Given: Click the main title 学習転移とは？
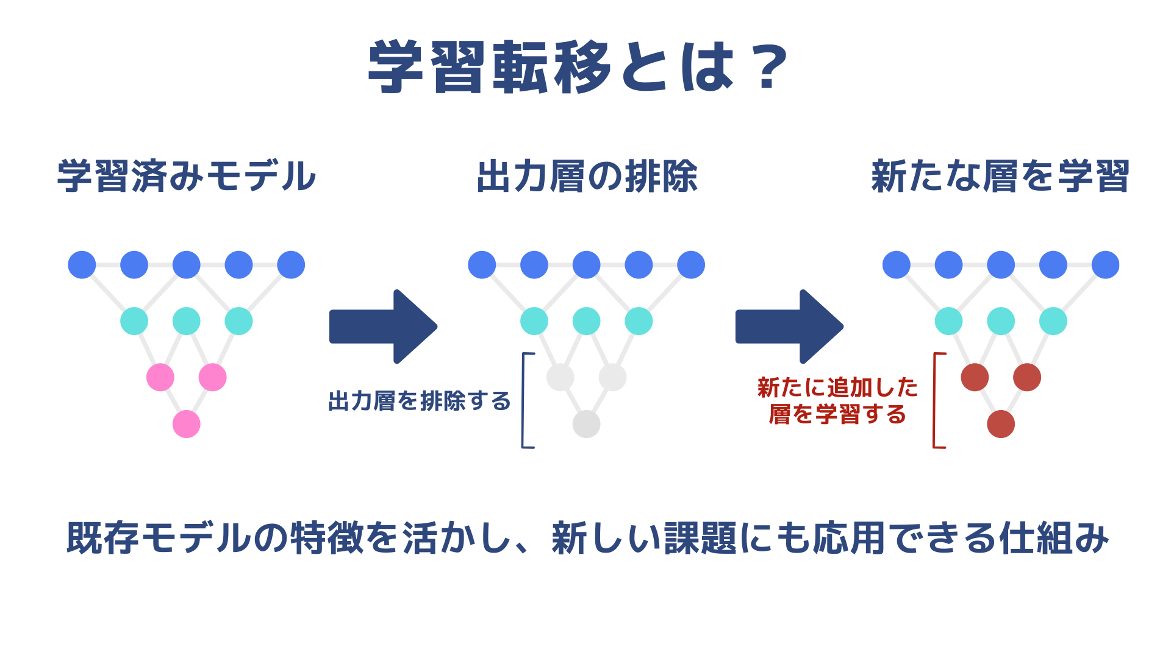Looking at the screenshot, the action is pyautogui.click(x=578, y=67).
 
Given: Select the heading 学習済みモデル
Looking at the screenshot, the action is pyautogui.click(x=187, y=176).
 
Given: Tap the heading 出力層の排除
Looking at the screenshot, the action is pyautogui.click(x=587, y=176).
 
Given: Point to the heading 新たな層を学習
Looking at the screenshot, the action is pyautogui.click(x=1000, y=176).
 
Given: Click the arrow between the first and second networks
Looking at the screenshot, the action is pyautogui.click(x=383, y=327).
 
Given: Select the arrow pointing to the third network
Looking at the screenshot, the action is pyautogui.click(x=789, y=327).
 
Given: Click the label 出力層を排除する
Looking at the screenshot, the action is pyautogui.click(x=420, y=401).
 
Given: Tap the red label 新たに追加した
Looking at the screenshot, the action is pyautogui.click(x=837, y=387).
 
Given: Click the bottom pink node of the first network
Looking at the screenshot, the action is pyautogui.click(x=187, y=424).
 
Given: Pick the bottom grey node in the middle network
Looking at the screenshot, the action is pyautogui.click(x=587, y=424).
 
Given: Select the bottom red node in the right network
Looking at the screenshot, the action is pyautogui.click(x=1001, y=424).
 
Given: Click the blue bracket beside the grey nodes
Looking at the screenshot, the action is pyautogui.click(x=523, y=400).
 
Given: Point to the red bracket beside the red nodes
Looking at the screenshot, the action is pyautogui.click(x=935, y=400).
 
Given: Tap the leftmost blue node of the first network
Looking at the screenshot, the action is pyautogui.click(x=82, y=265).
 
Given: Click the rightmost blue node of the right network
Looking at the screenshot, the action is pyautogui.click(x=1106, y=265).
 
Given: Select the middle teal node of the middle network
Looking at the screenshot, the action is pyautogui.click(x=587, y=321).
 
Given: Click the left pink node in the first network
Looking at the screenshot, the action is pyautogui.click(x=160, y=378).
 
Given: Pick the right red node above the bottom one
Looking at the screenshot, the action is pyautogui.click(x=1027, y=378).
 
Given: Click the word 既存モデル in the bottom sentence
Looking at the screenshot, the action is pyautogui.click(x=159, y=538).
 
